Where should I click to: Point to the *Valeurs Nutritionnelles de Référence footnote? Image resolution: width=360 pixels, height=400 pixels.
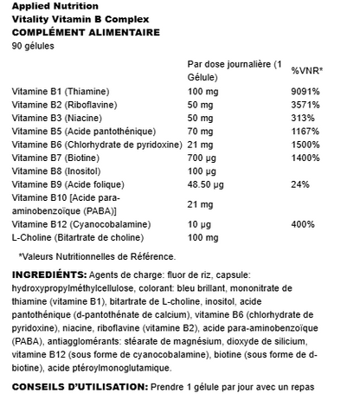coord(97,256)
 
